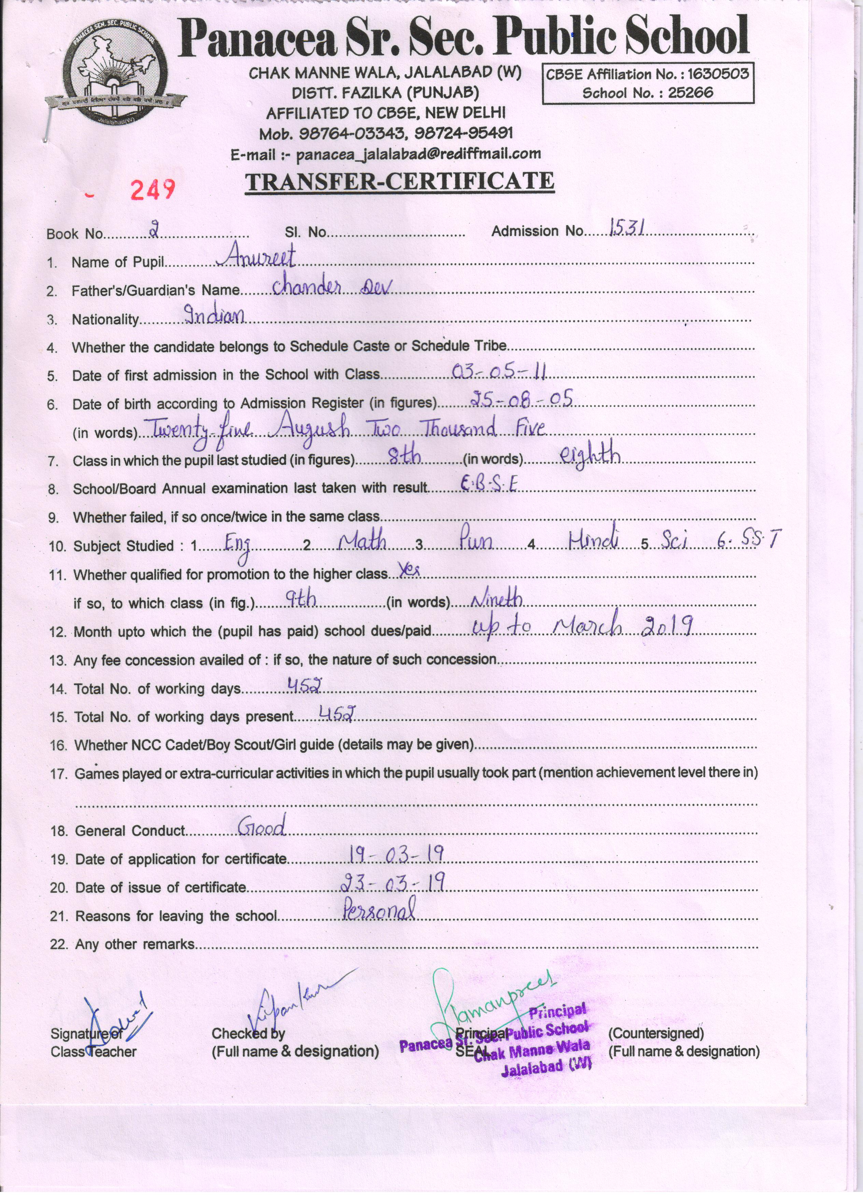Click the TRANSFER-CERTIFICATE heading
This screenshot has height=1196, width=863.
click(399, 181)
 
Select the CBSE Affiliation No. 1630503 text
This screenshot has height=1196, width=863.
click(647, 74)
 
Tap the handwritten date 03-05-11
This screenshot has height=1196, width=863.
click(499, 372)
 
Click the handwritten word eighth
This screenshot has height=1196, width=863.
click(590, 455)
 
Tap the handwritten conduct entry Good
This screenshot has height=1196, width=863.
click(262, 826)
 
